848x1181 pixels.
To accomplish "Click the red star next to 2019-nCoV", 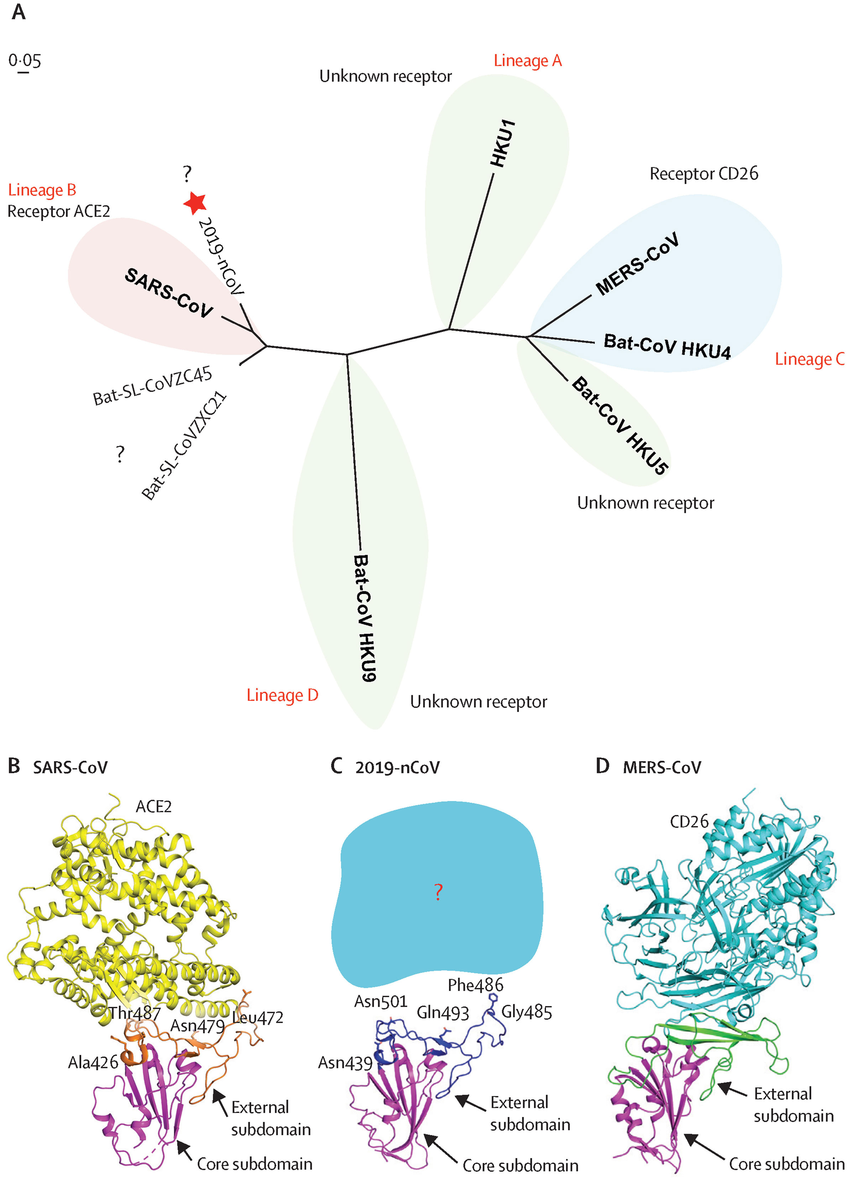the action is point(195,203).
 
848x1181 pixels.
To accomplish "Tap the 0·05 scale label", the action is point(25,61).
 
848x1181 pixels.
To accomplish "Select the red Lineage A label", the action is point(528,61).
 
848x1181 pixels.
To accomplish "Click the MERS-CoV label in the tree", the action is point(637,264).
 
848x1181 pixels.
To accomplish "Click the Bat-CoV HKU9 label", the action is point(365,618).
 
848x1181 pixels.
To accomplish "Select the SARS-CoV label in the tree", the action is point(169,293).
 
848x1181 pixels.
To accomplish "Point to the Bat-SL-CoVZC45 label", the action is point(152,386).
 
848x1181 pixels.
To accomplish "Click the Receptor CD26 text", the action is point(704,173).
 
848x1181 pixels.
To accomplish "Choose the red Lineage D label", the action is point(283,695).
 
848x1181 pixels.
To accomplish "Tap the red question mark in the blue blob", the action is point(438,892).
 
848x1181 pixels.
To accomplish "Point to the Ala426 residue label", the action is point(93,1062).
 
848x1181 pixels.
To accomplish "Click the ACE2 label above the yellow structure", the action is point(153,807).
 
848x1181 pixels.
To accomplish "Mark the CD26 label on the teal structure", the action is point(689,822).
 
